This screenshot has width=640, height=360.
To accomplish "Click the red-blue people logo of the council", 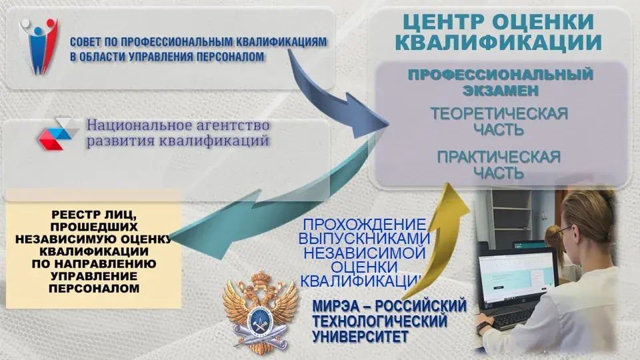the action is tap(38, 46).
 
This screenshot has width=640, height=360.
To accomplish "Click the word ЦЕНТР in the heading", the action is tap(443, 22).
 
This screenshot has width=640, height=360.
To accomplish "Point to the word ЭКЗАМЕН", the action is tap(501, 90).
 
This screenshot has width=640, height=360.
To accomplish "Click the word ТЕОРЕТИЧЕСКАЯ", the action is tap(499, 113).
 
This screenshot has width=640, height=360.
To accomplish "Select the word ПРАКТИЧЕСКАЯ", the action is tap(499, 157).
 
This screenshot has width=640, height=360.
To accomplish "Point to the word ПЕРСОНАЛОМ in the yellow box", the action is tap(94, 289).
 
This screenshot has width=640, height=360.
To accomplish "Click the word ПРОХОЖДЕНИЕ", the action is tap(364, 224).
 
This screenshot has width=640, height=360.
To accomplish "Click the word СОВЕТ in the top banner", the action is tap(85, 41).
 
